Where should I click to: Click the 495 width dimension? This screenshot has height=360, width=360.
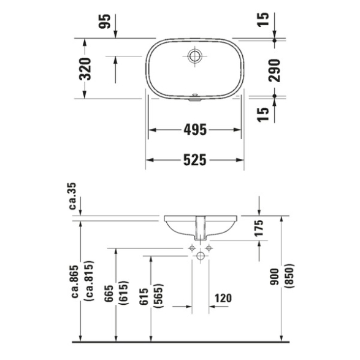point(195,130)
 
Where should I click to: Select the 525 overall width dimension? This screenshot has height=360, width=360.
point(195,160)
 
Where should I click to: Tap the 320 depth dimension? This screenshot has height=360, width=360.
point(85,69)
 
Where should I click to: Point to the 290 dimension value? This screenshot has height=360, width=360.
point(274,71)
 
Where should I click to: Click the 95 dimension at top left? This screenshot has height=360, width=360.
point(104,21)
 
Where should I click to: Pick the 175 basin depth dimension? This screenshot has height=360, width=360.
point(259,228)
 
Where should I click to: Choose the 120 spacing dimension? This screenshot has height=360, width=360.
point(223,298)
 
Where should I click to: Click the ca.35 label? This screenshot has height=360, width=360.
point(72,196)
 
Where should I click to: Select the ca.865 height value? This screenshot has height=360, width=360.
point(75,281)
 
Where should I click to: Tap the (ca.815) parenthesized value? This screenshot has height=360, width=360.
point(90,281)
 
